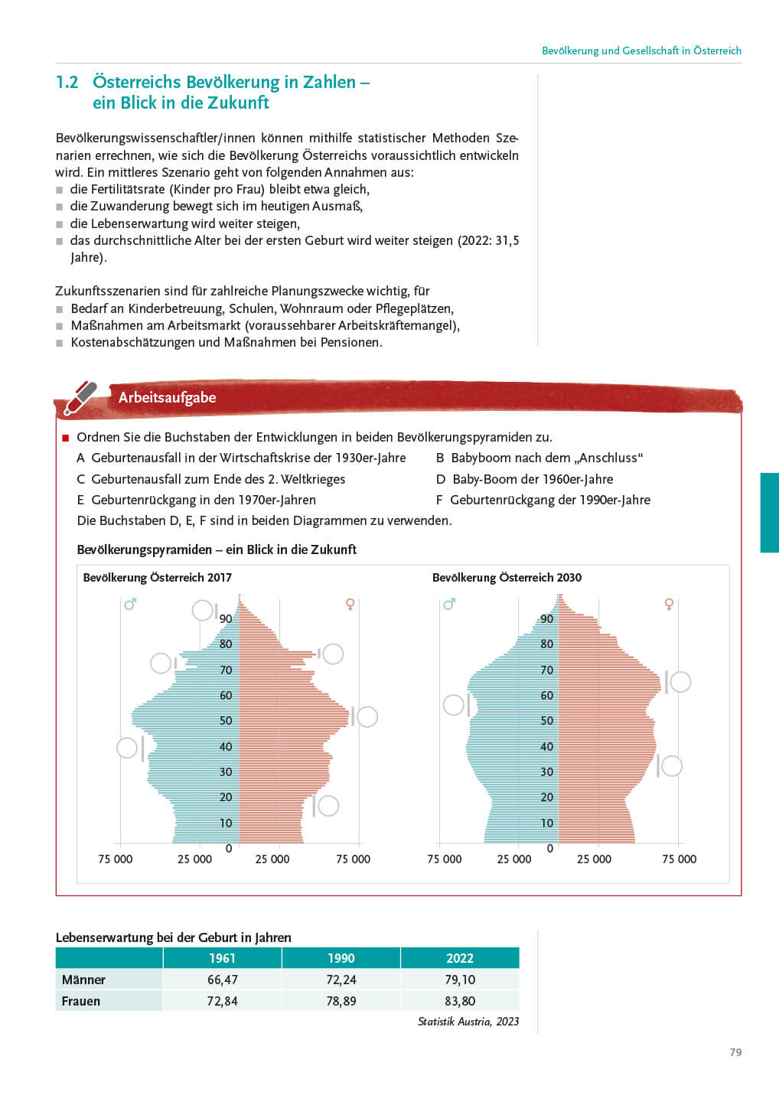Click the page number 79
coord(735,1052)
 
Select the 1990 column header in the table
coord(341,958)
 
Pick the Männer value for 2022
coord(460,980)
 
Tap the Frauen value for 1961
coord(222,1001)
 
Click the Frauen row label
coord(81,1001)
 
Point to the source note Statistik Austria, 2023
coord(468,1022)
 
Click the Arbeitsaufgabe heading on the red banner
coord(167,397)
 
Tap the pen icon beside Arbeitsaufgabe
coord(81,397)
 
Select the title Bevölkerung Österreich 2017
coord(157,578)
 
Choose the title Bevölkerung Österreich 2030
coord(507,578)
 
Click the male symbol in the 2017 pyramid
coord(130,605)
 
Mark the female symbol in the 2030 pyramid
coord(670,605)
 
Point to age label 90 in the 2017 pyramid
coord(226,619)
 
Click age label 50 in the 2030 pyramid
coord(546,721)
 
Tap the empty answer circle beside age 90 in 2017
coord(202,610)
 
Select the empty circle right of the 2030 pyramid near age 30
coord(671,765)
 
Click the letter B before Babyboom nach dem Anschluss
coord(440,458)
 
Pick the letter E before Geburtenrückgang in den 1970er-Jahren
coord(80,500)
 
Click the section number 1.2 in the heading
coord(67,82)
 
